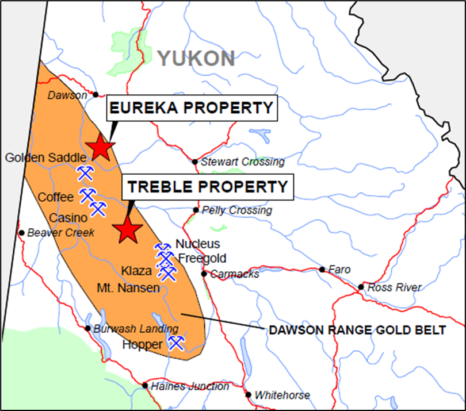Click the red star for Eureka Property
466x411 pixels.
pyautogui.click(x=101, y=148)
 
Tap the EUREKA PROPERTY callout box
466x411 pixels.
pyautogui.click(x=192, y=108)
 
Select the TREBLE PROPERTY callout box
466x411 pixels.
pyautogui.click(x=207, y=187)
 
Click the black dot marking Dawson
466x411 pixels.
pyautogui.click(x=96, y=95)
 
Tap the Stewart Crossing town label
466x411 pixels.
pyautogui.click(x=242, y=162)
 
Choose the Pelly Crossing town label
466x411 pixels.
pyautogui.click(x=236, y=210)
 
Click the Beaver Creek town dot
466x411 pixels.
pyautogui.click(x=22, y=233)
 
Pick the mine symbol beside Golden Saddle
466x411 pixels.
pyautogui.click(x=85, y=172)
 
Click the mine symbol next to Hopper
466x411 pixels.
pyautogui.click(x=176, y=343)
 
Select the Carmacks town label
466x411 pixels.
pyautogui.click(x=234, y=274)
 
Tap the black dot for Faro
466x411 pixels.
pyautogui.click(x=322, y=270)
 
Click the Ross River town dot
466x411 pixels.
pyautogui.click(x=361, y=287)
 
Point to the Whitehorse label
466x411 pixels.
pyautogui.click(x=282, y=395)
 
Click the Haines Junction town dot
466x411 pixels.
pyautogui.click(x=146, y=386)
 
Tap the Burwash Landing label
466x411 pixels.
pyautogui.click(x=136, y=329)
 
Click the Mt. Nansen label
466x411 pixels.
pyautogui.click(x=128, y=287)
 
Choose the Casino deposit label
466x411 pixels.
pyautogui.click(x=68, y=218)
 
